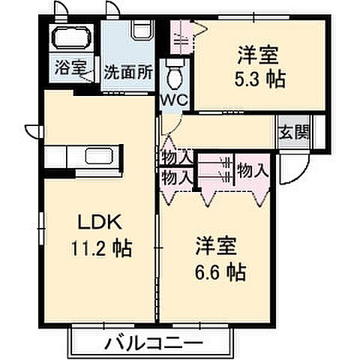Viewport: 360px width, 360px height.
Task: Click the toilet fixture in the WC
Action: (174, 74)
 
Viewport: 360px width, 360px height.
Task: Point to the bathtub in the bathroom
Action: (72, 38)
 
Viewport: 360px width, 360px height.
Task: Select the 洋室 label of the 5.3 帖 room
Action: (259, 55)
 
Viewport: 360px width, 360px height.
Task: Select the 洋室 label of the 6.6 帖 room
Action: (217, 245)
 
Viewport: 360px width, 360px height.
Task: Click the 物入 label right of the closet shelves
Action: (252, 170)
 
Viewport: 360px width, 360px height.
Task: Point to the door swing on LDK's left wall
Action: (31, 129)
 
